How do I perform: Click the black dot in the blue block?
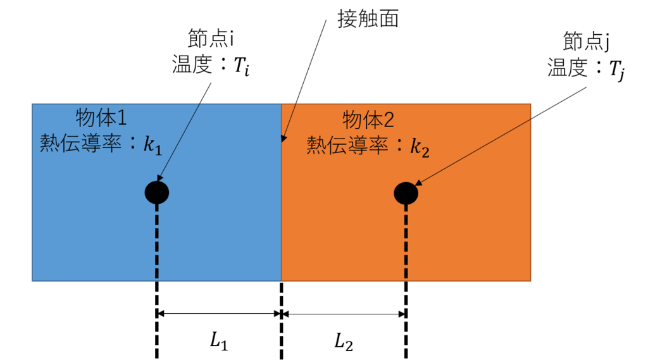pyautogui.click(x=157, y=192)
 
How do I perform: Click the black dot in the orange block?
pyautogui.click(x=406, y=193)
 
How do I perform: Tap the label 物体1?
pyautogui.click(x=101, y=118)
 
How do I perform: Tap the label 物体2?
pyautogui.click(x=368, y=120)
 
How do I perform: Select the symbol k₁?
pyautogui.click(x=153, y=146)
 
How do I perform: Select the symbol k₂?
pyautogui.click(x=420, y=147)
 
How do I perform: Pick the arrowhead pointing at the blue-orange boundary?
pyautogui.click(x=283, y=139)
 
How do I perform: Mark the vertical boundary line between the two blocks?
pyautogui.click(x=281, y=209)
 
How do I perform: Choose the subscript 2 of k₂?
pyautogui.click(x=425, y=152)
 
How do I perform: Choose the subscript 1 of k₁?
pyautogui.click(x=158, y=151)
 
